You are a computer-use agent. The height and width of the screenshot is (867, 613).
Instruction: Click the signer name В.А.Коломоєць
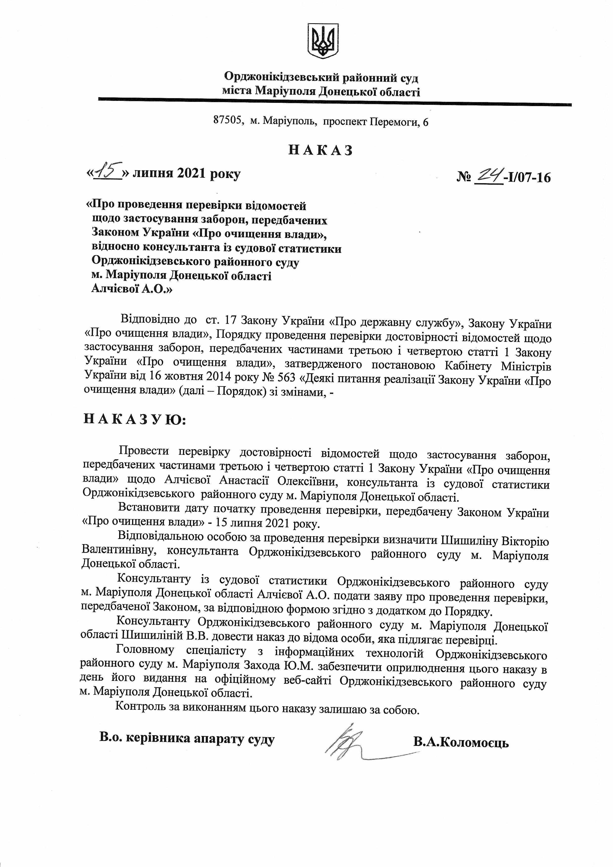461,743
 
